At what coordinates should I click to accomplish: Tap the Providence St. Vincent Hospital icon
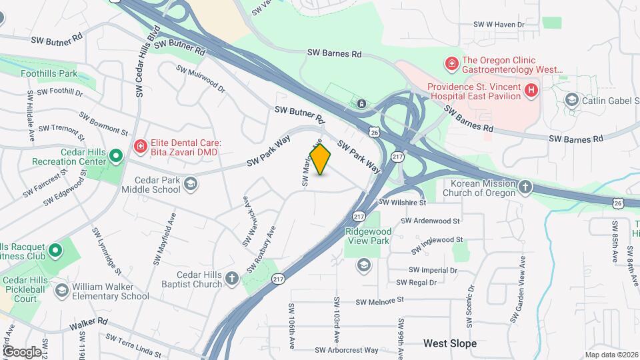[x=531, y=90]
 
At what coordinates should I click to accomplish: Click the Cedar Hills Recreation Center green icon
[x=116, y=157]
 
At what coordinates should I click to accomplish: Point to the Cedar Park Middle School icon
[x=191, y=184]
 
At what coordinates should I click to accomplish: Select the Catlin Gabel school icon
[x=571, y=100]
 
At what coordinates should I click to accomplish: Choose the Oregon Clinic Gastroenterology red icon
[x=451, y=63]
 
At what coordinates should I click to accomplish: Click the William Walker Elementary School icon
[x=62, y=290]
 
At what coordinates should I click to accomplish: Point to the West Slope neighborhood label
[x=451, y=343]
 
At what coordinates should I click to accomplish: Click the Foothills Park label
[x=49, y=73]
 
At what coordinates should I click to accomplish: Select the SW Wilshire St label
[x=403, y=202]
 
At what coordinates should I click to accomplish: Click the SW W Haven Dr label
[x=499, y=24]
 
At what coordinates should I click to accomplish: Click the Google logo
[x=21, y=351]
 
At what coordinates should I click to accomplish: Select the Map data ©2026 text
[x=611, y=355]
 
